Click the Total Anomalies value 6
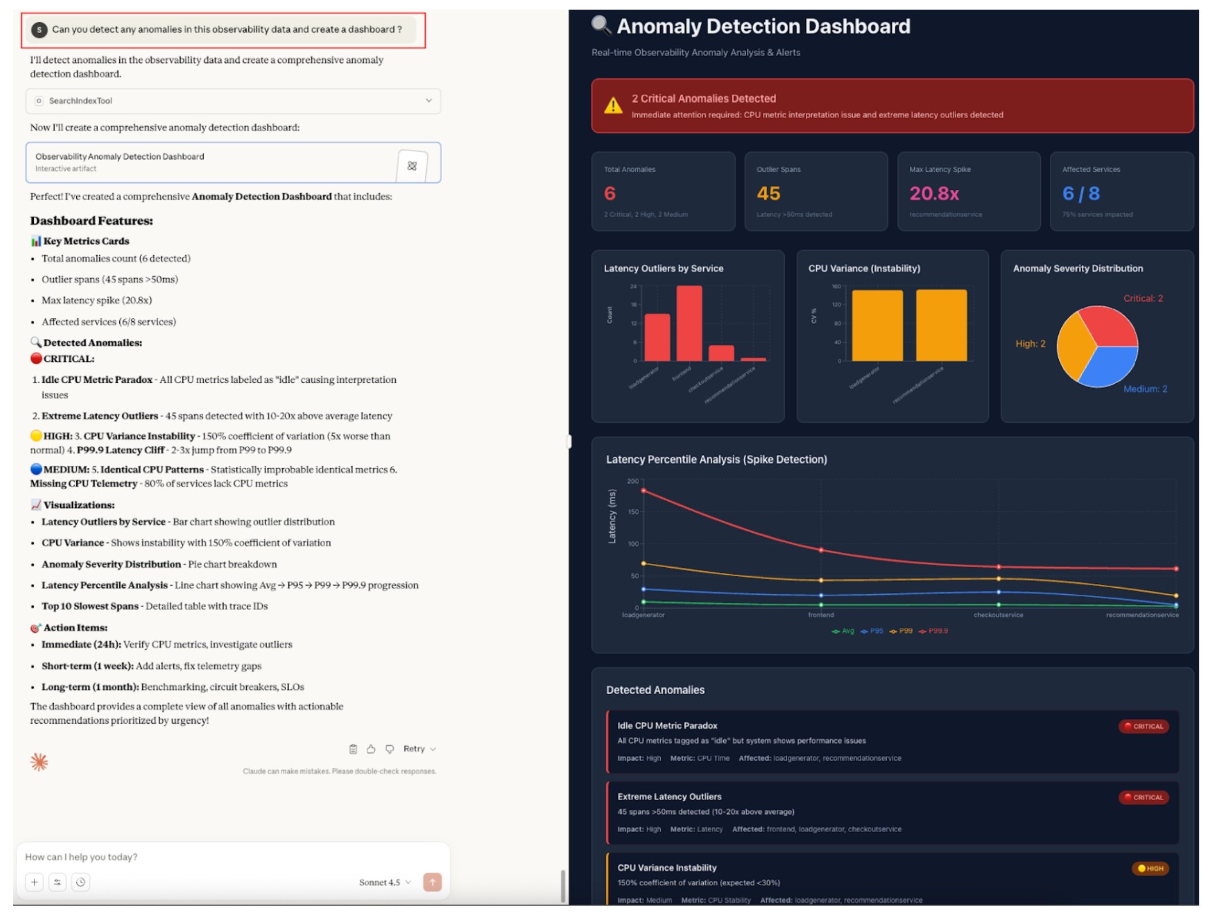click(x=609, y=194)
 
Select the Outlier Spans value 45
click(x=768, y=194)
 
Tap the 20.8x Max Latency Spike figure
click(x=934, y=194)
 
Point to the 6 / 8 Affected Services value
click(x=1081, y=194)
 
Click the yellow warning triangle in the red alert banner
click(x=613, y=106)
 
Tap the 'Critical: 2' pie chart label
click(x=1143, y=299)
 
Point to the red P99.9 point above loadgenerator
click(x=644, y=491)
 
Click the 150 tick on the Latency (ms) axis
click(x=633, y=512)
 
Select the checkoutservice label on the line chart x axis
click(x=998, y=615)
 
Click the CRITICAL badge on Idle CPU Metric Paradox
click(x=1144, y=726)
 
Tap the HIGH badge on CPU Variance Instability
click(x=1150, y=868)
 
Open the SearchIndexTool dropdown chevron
click(x=428, y=101)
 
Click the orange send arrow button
click(x=432, y=882)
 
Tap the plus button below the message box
click(x=34, y=882)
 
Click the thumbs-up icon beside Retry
click(x=371, y=749)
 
